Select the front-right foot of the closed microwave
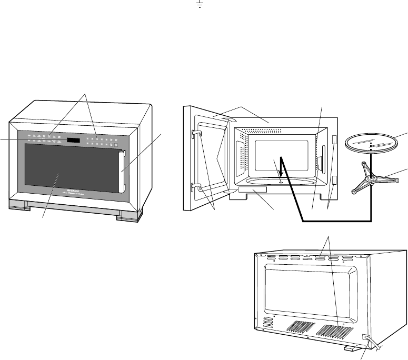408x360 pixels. pos(126,215)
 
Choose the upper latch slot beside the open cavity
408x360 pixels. pos(335,138)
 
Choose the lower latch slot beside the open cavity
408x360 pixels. pos(335,181)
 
